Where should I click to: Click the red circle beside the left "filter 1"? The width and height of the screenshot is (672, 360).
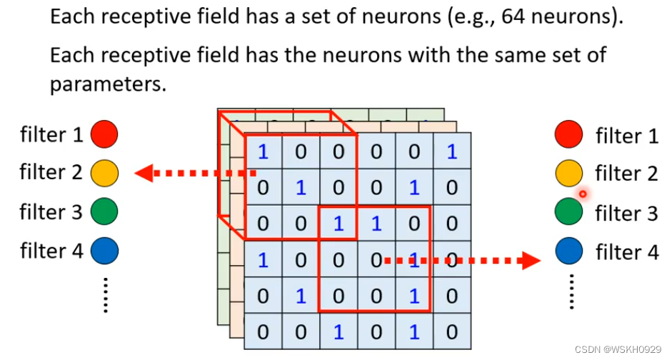click(x=104, y=134)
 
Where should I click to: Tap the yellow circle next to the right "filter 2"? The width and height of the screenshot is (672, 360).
click(x=568, y=173)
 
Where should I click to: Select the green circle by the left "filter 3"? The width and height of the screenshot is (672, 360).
click(x=104, y=212)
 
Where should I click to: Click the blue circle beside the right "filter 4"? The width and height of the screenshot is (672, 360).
click(x=568, y=251)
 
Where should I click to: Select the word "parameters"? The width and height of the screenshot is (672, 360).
click(x=107, y=84)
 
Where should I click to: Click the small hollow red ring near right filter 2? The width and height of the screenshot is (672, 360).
click(x=583, y=194)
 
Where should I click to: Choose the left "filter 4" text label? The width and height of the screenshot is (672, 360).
click(x=51, y=251)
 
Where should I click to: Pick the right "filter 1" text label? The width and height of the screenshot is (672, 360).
click(x=626, y=136)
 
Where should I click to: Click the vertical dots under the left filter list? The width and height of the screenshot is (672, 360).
click(x=104, y=294)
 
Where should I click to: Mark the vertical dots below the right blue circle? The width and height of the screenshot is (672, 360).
click(x=571, y=291)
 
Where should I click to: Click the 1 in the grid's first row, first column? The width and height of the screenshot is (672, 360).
click(x=263, y=151)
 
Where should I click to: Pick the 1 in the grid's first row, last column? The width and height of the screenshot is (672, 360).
click(x=451, y=151)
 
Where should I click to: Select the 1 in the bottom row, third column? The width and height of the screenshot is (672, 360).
click(x=338, y=331)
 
